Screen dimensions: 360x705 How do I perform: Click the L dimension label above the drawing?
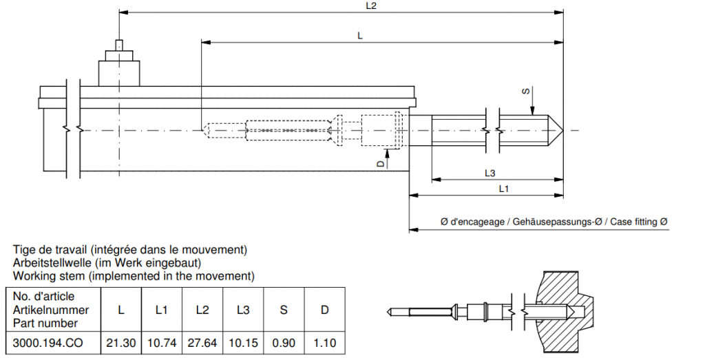coord(360,36)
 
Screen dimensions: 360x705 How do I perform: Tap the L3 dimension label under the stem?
coord(490,172)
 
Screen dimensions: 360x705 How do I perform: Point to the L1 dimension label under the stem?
coord(503,188)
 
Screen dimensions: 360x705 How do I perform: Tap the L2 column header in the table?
coord(202,310)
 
